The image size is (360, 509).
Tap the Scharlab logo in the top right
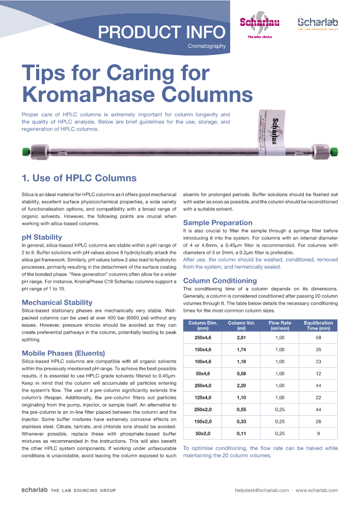coord(317,23)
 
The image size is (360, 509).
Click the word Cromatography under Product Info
coord(206,47)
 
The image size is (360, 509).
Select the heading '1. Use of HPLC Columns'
coord(79,178)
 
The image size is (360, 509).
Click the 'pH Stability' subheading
coord(42,237)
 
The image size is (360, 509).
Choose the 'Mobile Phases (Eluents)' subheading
coord(63,353)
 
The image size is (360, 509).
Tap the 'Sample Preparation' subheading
coord(217,223)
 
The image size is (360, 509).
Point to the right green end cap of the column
coord(334,151)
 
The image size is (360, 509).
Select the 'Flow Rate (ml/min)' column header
coord(280,326)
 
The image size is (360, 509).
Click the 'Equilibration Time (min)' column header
coord(318,326)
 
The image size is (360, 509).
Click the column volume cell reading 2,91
coord(241,337)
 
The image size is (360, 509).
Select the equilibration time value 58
coord(318,337)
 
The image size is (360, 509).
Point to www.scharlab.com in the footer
coord(317,490)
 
